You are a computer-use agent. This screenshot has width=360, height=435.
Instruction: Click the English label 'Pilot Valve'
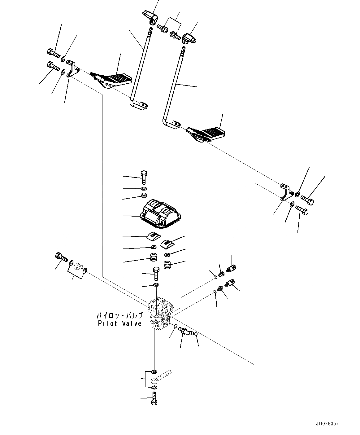coord(119,323)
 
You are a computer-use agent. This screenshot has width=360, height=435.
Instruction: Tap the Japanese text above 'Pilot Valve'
coord(119,316)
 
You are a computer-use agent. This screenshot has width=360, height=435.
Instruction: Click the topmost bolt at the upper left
coord(53,53)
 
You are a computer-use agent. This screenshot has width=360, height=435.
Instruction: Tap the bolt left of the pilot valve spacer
coord(61,257)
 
